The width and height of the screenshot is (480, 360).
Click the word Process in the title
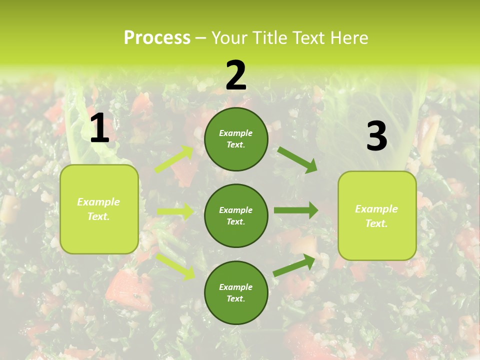point(157,37)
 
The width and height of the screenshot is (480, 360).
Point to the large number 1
point(99,128)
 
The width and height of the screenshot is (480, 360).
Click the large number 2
point(236,75)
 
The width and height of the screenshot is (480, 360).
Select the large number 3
point(376,136)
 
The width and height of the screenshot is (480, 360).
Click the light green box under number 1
point(99,209)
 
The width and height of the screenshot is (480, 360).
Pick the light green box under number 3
point(377,215)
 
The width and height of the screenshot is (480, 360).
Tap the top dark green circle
point(236,138)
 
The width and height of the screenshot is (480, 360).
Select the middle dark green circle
point(236,215)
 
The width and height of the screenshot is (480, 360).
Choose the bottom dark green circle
point(236,292)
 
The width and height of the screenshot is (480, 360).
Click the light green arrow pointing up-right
point(174,159)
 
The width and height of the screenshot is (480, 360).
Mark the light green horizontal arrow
point(175,211)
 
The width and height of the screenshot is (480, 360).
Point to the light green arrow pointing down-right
point(175,266)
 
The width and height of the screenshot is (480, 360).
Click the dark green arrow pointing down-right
point(297,159)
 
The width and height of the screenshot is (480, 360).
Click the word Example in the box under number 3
point(376,209)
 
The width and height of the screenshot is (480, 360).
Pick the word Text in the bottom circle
point(235,298)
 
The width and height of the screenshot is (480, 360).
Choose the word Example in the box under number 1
point(98,202)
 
